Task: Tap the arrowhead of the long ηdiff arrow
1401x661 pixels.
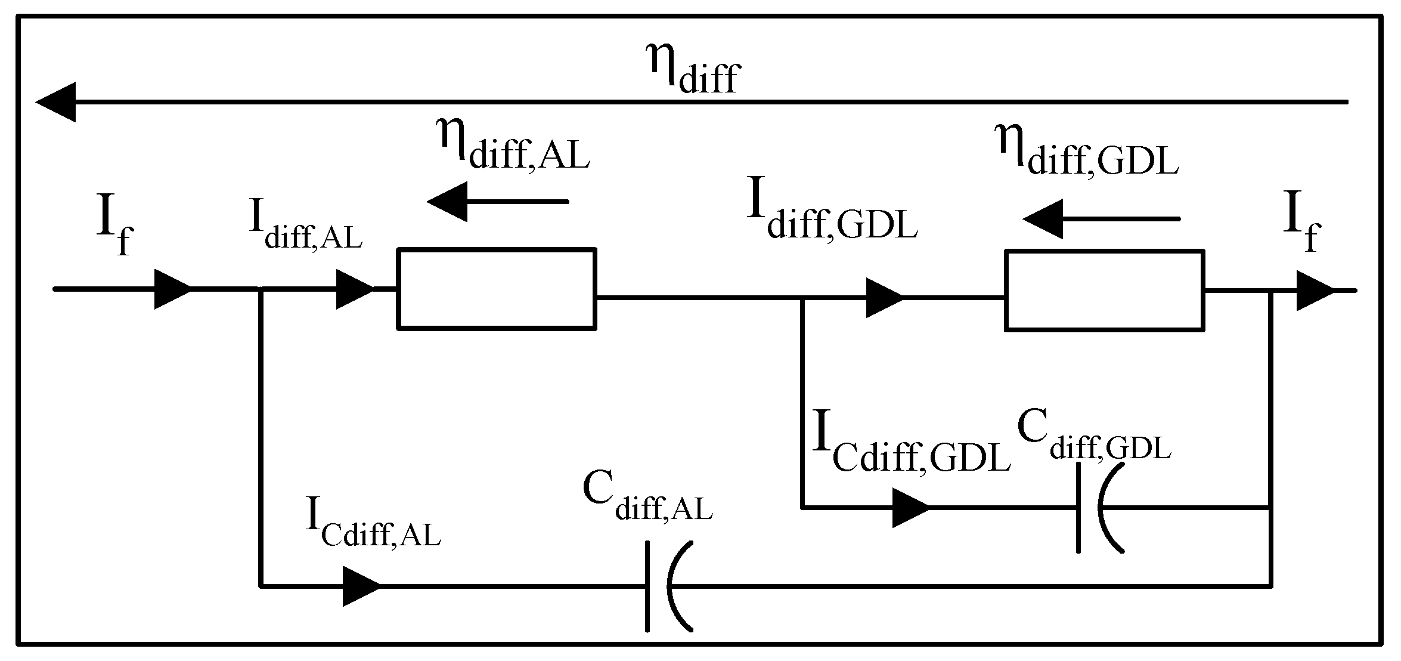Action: click(57, 102)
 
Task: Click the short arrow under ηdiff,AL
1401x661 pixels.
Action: click(498, 202)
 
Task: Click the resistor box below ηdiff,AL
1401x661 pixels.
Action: click(497, 289)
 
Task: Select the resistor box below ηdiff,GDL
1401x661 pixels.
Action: click(1104, 291)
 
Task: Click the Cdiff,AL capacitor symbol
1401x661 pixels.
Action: click(668, 586)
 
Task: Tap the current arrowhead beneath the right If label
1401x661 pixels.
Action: click(1314, 291)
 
